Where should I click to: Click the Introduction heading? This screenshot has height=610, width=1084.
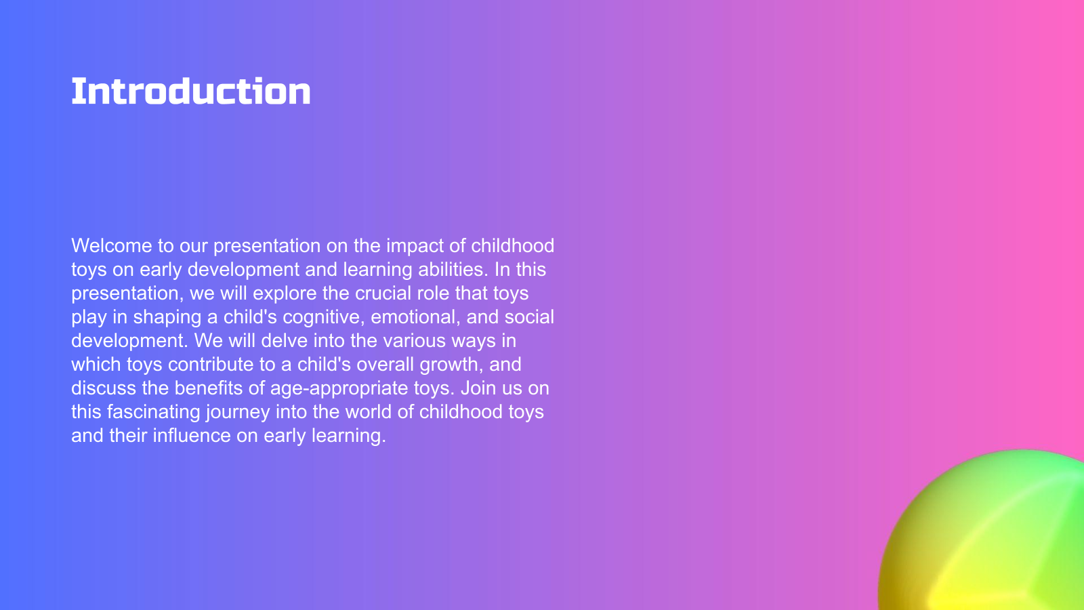click(x=190, y=91)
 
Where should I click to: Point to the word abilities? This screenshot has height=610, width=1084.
click(x=453, y=269)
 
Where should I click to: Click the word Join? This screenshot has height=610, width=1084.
click(x=478, y=388)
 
